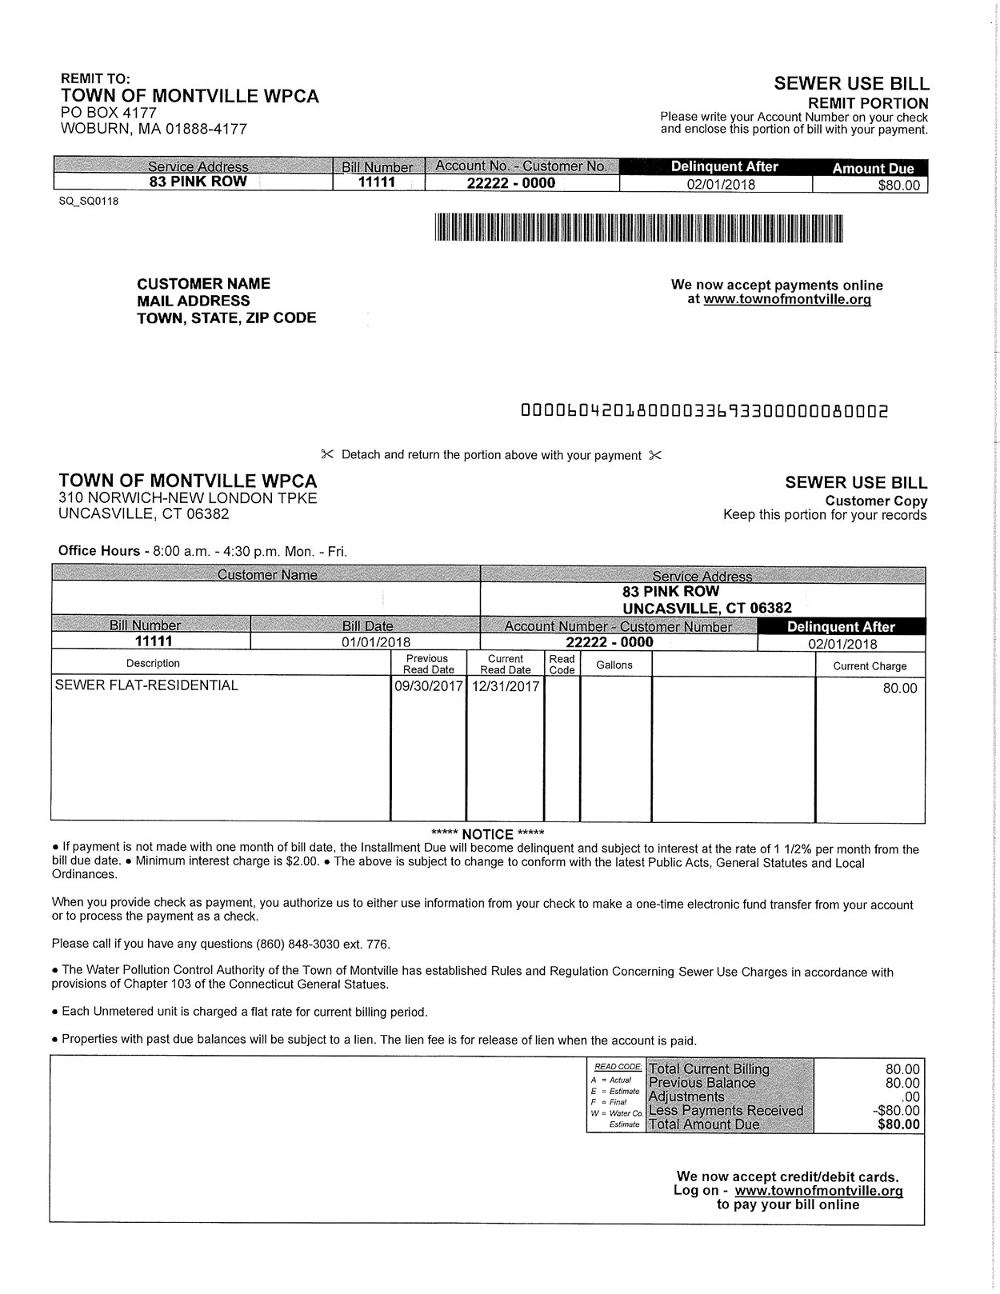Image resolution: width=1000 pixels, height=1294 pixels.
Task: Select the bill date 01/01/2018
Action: (x=376, y=642)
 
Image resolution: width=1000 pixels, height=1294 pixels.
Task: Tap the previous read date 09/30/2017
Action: (x=429, y=686)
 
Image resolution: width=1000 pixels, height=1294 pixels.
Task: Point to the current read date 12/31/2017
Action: (x=506, y=686)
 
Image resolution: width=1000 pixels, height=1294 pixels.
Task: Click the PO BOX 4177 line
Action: (x=109, y=113)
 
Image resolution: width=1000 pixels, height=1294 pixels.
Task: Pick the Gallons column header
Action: (x=614, y=665)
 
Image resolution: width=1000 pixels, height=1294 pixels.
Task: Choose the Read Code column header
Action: (x=562, y=665)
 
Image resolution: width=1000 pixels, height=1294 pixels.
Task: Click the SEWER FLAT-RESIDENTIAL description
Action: (x=146, y=685)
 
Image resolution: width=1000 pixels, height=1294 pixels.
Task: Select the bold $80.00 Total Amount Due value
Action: (x=898, y=1124)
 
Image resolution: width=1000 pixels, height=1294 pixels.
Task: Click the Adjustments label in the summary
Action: (x=686, y=1096)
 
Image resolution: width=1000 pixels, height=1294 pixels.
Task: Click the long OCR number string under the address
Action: (x=704, y=412)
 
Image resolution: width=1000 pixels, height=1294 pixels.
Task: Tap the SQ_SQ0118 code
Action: (x=89, y=201)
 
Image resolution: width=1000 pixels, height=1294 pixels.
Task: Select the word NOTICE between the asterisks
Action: (x=487, y=834)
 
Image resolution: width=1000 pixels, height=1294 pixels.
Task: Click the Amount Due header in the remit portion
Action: (x=873, y=168)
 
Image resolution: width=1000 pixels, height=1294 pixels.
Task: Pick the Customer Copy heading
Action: (x=876, y=501)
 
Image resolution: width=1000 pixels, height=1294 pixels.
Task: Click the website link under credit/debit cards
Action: (x=818, y=1191)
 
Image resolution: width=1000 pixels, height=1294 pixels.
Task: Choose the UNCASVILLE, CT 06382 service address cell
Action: (x=707, y=608)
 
